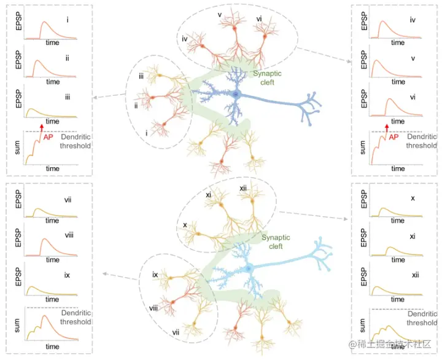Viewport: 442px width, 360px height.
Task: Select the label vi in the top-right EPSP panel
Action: [413, 96]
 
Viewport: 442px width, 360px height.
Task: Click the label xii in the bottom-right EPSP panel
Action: [415, 276]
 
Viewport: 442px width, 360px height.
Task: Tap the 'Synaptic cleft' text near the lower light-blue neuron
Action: [272, 241]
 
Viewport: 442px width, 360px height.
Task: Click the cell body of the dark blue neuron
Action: [236, 94]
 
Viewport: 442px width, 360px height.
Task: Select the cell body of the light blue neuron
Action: [249, 268]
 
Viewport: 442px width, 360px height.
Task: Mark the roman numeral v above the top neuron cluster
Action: [219, 14]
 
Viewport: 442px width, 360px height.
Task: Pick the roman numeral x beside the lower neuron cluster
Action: [184, 225]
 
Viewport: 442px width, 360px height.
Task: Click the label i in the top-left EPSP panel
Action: [67, 20]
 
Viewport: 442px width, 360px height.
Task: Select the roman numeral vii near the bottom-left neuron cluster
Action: [176, 332]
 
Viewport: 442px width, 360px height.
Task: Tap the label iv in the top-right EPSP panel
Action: [413, 20]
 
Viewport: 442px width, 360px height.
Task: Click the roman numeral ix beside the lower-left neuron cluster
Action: [156, 275]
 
